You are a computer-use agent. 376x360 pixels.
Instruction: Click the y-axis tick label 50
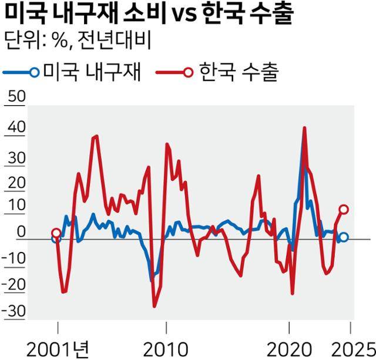click(14, 97)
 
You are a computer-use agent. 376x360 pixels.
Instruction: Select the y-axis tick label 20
click(14, 183)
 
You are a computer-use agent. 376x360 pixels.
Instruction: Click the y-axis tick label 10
click(13, 206)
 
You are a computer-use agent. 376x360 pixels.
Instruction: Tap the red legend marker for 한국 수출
click(187, 73)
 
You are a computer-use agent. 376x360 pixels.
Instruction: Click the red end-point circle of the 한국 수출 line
click(344, 210)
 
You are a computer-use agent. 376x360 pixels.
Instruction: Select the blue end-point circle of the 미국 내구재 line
click(344, 237)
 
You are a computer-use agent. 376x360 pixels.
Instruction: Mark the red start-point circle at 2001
click(56, 234)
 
